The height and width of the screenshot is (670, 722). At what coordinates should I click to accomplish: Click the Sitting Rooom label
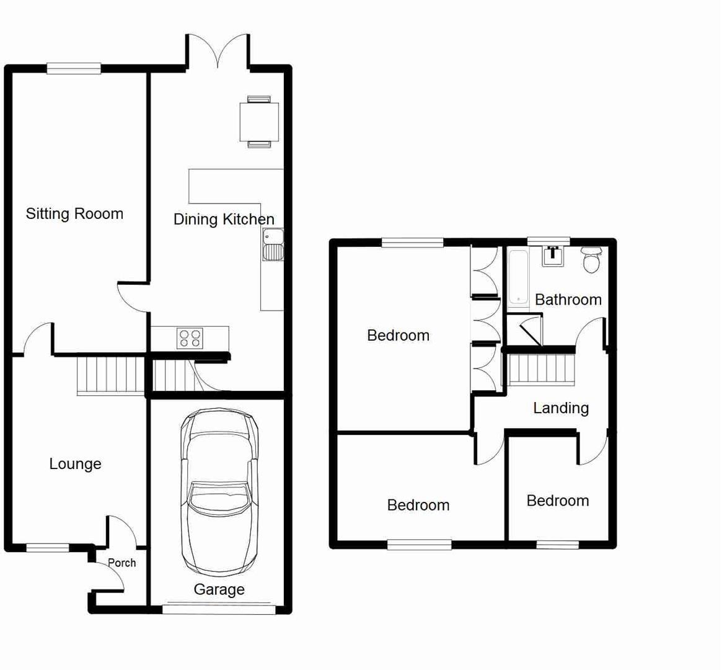click(74, 214)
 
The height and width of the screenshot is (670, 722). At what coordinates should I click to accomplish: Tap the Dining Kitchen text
click(223, 219)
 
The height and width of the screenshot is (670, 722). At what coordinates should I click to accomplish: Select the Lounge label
click(75, 464)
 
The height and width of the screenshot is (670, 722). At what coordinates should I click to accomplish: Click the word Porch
click(121, 563)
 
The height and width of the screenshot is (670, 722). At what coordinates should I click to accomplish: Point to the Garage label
click(219, 589)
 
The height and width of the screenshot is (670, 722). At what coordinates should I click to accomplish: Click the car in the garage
click(219, 493)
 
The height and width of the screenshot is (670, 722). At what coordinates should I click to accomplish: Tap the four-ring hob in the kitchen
click(190, 338)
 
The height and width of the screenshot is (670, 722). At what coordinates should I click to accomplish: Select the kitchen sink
click(273, 244)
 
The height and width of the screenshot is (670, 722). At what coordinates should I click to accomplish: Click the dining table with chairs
click(259, 121)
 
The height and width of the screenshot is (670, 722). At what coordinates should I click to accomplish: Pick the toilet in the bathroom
click(592, 259)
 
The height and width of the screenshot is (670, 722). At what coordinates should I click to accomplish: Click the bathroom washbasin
click(552, 256)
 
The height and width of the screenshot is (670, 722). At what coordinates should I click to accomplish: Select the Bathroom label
click(568, 300)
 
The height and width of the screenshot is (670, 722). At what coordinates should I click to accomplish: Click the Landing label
click(561, 408)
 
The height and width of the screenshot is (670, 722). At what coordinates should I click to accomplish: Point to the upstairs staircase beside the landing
click(542, 369)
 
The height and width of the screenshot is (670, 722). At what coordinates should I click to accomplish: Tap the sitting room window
click(74, 68)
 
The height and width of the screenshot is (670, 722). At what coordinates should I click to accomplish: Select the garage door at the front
click(219, 609)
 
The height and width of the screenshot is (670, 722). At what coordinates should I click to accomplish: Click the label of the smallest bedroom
click(557, 501)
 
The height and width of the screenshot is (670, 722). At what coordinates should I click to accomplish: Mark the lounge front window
click(48, 547)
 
